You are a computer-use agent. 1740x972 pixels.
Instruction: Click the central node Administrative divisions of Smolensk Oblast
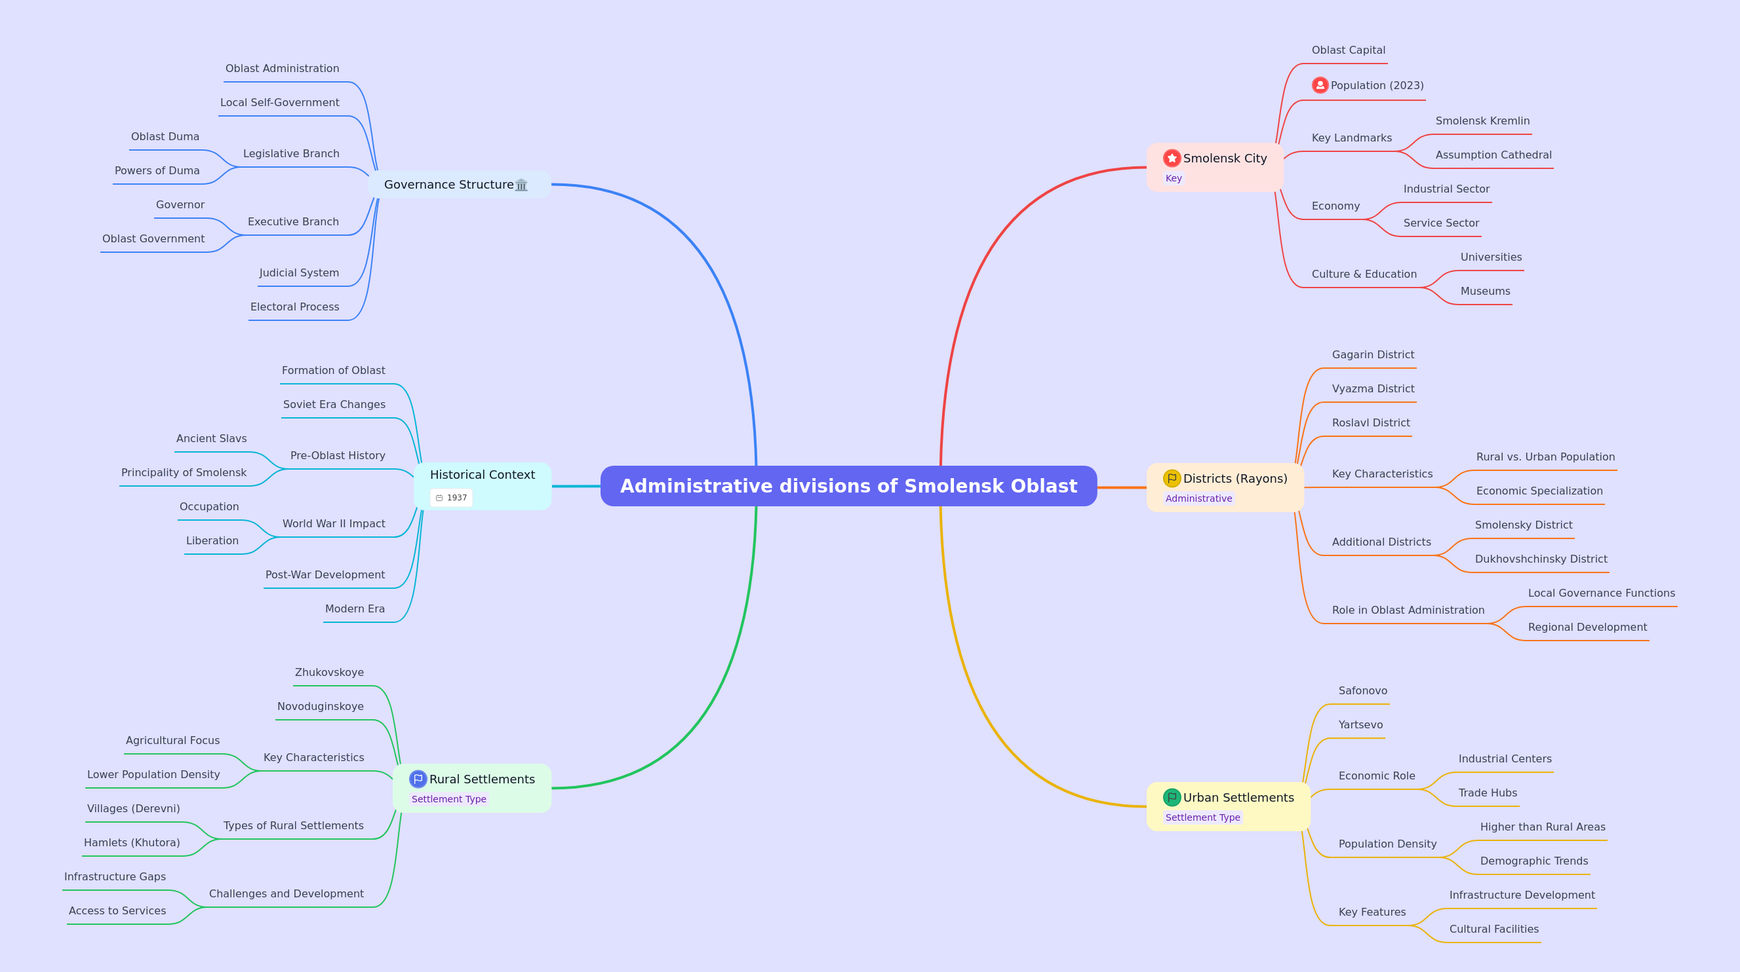pos(848,486)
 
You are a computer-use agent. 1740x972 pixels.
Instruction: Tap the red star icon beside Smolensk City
pos(1172,158)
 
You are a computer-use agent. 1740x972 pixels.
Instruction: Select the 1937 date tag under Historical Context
pos(451,498)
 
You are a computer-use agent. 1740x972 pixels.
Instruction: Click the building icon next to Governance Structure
pos(521,185)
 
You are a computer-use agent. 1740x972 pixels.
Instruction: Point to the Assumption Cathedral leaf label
pos(1493,155)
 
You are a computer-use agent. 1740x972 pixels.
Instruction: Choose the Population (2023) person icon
pos(1320,85)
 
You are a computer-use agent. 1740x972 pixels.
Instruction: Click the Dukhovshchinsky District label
pos(1541,559)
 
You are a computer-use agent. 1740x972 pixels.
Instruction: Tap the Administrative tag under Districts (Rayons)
pos(1198,498)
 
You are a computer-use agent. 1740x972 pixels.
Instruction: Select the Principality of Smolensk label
pos(184,472)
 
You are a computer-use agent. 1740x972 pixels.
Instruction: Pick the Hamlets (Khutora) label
pos(132,842)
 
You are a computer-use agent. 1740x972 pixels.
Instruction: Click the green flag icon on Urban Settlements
pos(1172,797)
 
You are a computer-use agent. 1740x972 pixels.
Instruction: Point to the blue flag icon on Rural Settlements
pos(418,779)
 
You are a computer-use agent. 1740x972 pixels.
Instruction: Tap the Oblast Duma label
pos(165,136)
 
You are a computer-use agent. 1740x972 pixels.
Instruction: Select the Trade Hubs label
pos(1488,793)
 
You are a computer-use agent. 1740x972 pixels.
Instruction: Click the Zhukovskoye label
pos(329,672)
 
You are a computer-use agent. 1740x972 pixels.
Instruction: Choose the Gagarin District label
pos(1373,354)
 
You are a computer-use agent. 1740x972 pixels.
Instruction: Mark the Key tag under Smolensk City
pos(1174,178)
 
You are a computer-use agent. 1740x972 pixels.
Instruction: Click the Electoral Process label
pos(294,307)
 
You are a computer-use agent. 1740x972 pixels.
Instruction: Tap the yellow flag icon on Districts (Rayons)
pos(1172,479)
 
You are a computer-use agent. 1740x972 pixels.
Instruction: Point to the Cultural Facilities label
pos(1493,929)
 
